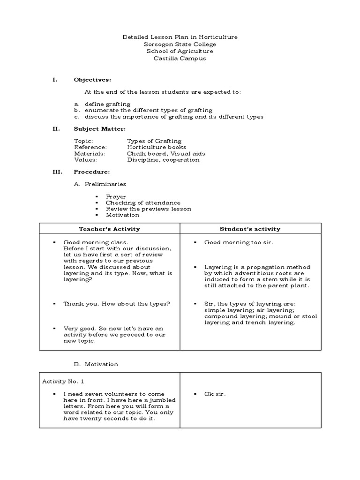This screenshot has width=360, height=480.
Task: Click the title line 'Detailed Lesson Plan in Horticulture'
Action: tap(180, 37)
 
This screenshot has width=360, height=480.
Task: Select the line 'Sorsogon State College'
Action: tap(180, 44)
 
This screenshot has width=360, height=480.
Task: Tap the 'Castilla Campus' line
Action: tap(180, 59)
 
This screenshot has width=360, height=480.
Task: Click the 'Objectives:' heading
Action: tap(92, 80)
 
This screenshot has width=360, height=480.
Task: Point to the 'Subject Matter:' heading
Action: tap(100, 128)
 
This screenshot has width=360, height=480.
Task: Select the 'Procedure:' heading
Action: tap(92, 172)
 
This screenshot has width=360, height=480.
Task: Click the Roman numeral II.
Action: tap(55, 128)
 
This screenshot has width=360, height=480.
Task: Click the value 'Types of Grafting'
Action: tap(154, 141)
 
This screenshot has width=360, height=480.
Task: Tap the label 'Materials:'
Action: tap(90, 153)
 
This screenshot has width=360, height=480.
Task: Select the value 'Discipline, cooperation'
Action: tap(163, 160)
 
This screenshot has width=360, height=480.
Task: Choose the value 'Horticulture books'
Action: tap(156, 147)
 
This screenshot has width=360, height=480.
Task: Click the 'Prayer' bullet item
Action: tap(116, 196)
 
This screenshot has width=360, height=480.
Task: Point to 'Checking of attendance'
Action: tap(136, 202)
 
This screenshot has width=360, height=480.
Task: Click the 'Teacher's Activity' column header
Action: tap(109, 229)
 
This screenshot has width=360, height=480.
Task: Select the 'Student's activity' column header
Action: tap(250, 229)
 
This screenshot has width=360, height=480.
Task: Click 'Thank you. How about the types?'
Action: tap(117, 303)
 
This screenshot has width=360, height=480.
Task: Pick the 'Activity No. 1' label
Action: tap(63, 381)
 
